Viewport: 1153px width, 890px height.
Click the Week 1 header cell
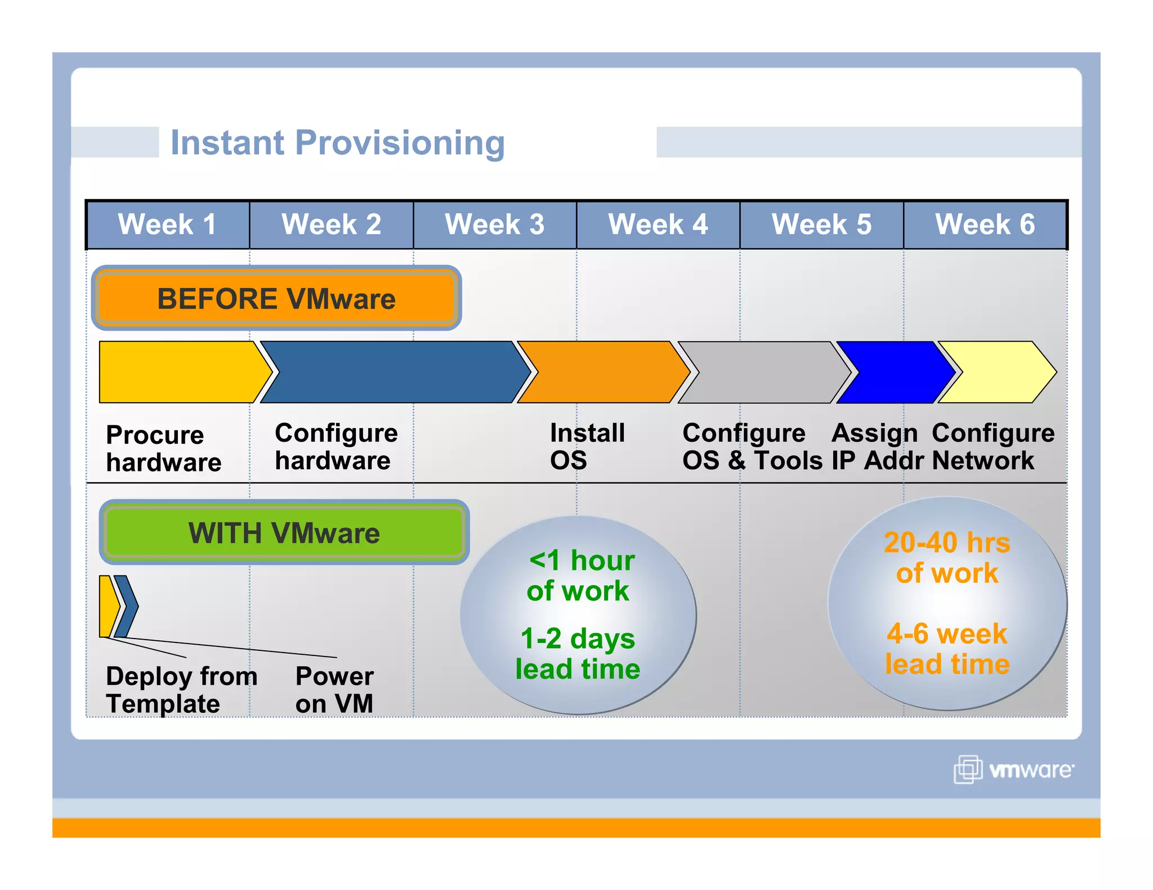click(x=168, y=224)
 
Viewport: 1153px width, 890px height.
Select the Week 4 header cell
click(x=658, y=224)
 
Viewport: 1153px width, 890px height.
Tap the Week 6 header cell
click(x=985, y=224)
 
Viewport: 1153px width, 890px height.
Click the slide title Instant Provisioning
click(x=337, y=142)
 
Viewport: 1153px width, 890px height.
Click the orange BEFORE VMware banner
click(x=276, y=298)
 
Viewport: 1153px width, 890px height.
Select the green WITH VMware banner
click(x=284, y=532)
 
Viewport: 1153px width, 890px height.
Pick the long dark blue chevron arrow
click(x=394, y=372)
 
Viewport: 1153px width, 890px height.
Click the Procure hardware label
click(x=163, y=448)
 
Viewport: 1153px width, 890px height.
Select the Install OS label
click(x=587, y=446)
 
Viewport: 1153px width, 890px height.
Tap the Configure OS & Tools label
click(x=751, y=446)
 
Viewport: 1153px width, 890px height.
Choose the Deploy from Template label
click(x=181, y=689)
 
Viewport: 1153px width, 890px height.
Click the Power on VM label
click(x=334, y=689)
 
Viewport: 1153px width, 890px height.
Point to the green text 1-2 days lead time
click(x=578, y=654)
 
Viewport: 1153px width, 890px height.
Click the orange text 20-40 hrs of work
click(x=947, y=558)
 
